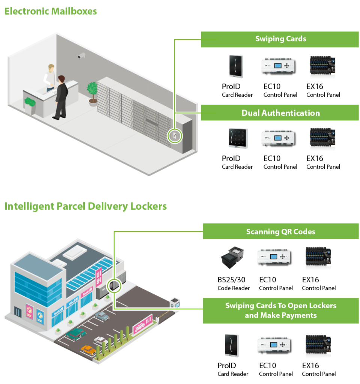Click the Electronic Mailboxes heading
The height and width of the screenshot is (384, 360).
(50, 11)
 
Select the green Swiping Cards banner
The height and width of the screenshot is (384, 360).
(280, 39)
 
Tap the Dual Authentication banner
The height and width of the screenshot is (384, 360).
(280, 113)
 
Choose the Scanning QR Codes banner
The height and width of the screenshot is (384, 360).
(281, 231)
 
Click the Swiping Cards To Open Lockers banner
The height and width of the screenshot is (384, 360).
(281, 310)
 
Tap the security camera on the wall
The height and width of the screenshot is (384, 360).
(81, 56)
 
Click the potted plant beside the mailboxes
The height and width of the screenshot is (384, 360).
(92, 92)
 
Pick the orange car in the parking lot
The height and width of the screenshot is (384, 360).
(88, 350)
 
